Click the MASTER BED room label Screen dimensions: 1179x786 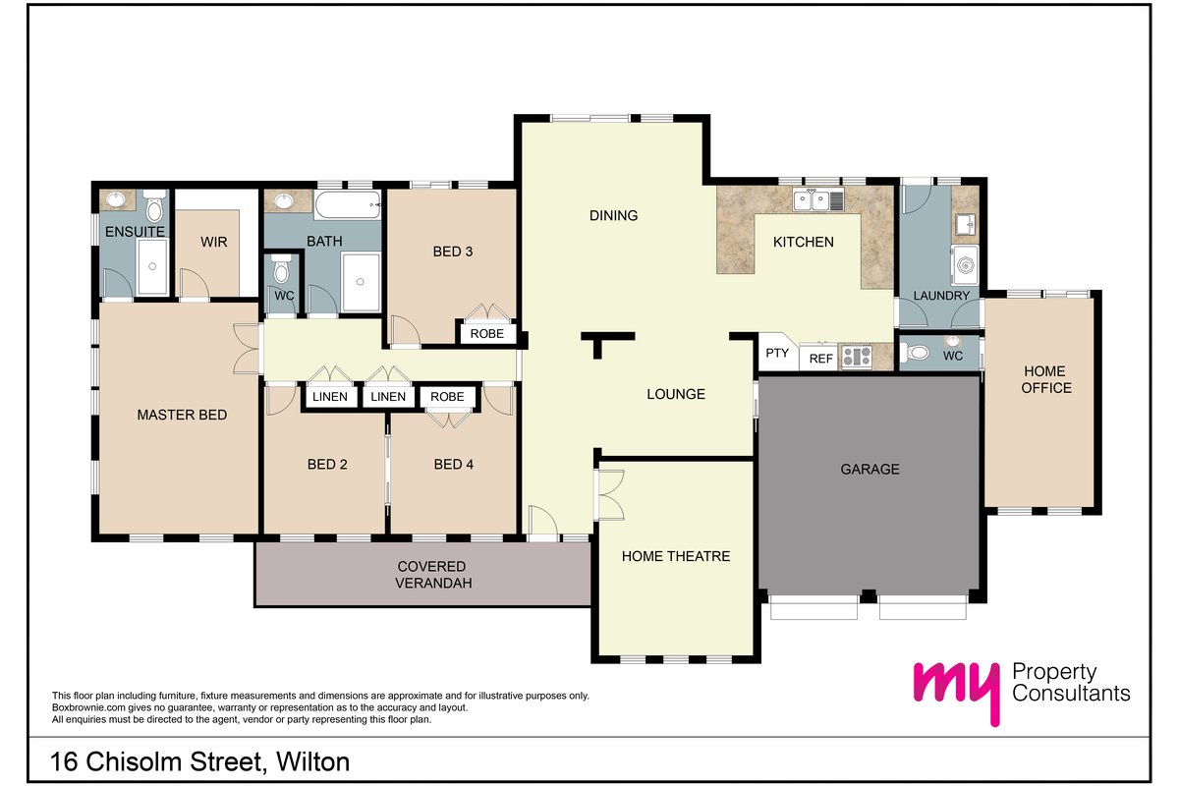pos(182,415)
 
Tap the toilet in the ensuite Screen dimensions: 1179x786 pos(154,206)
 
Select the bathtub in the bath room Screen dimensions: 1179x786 pos(348,205)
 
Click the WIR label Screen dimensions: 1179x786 pos(214,242)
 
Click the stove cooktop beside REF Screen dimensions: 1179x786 pos(857,357)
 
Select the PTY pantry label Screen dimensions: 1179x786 pos(777,353)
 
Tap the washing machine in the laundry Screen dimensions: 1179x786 pos(965,265)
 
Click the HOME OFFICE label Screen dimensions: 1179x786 pos(1045,379)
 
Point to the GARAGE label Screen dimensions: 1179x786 pos(870,469)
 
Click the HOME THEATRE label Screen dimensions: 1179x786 pos(676,556)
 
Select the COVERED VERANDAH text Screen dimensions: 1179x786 pos(432,575)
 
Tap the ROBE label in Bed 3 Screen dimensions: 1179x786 pos(487,334)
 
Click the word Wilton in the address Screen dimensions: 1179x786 pos(312,761)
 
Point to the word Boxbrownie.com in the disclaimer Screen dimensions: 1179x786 pos(88,707)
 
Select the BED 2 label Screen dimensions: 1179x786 pos(327,465)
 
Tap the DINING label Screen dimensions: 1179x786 pos(614,215)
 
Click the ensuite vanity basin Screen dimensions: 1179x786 pos(115,199)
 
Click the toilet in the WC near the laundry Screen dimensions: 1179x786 pos(916,352)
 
